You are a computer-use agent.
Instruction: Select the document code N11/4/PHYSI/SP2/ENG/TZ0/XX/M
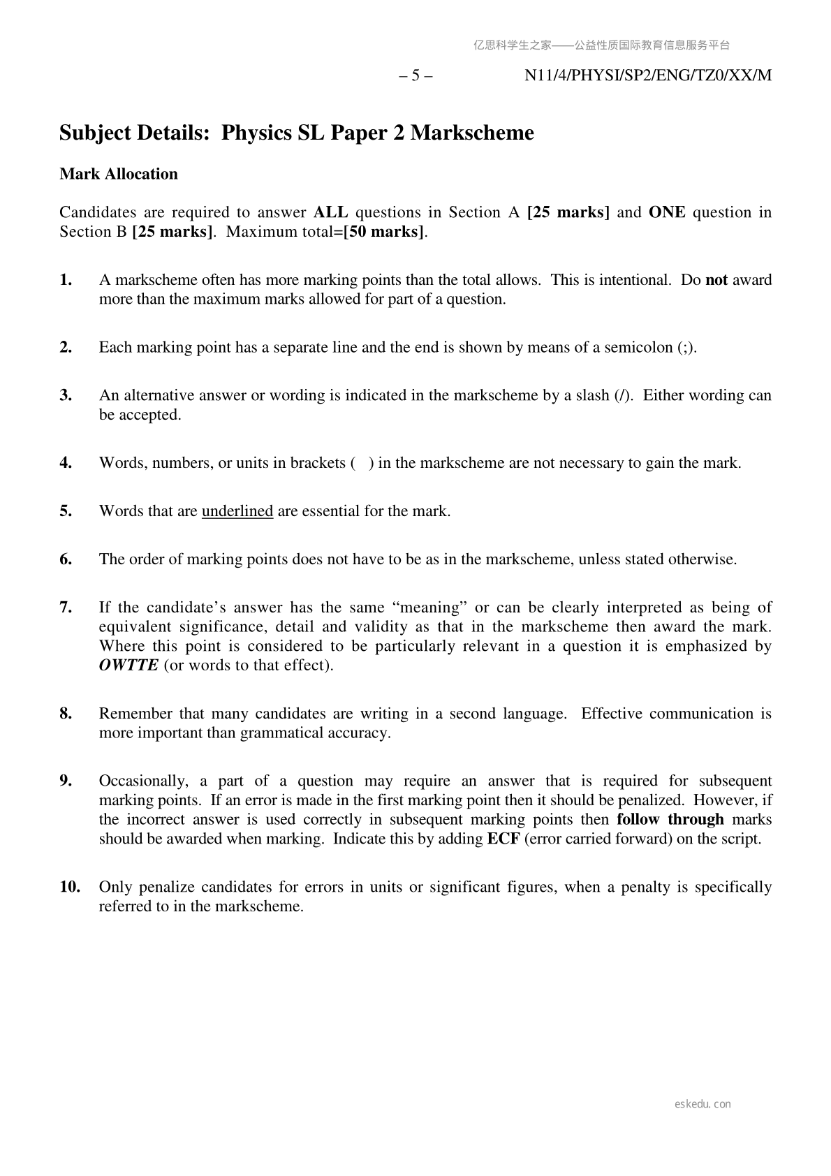(648, 75)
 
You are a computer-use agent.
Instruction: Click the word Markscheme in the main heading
(472, 133)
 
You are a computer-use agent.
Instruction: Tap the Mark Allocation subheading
(119, 174)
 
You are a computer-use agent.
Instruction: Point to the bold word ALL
(330, 212)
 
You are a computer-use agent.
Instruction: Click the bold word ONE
(667, 212)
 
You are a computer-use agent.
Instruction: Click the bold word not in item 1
(716, 280)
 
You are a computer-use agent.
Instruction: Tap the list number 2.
(66, 347)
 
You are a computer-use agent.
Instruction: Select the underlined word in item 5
(237, 511)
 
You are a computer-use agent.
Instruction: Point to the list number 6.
(66, 559)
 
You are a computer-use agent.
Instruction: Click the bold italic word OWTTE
(128, 665)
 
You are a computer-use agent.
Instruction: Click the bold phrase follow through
(670, 819)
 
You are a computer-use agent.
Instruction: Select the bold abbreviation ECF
(503, 839)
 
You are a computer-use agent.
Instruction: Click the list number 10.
(69, 887)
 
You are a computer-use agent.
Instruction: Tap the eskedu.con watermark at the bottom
(703, 1104)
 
